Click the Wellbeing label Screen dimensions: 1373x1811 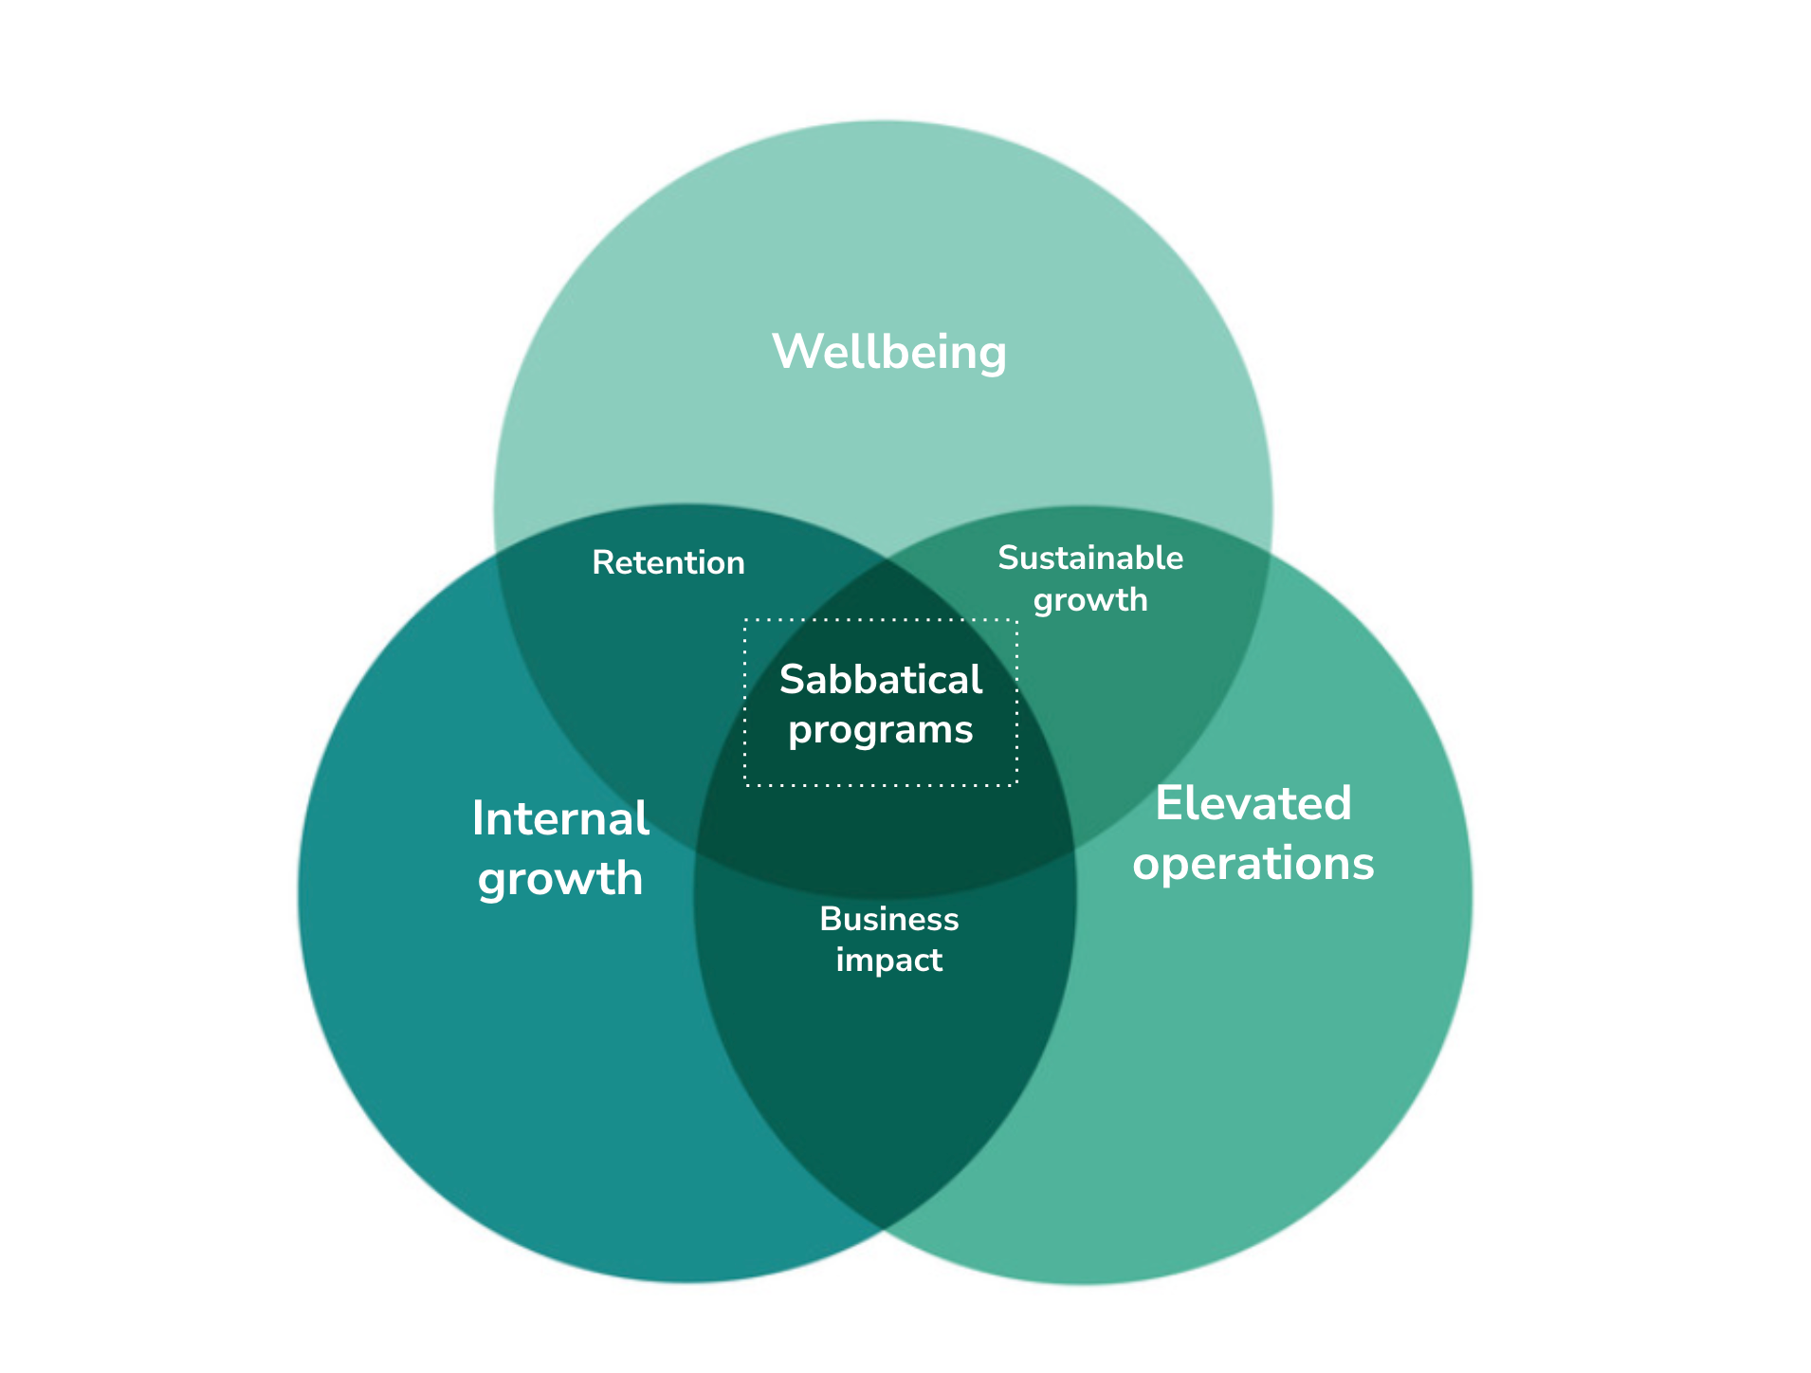pos(888,353)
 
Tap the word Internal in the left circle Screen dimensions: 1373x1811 pos(560,818)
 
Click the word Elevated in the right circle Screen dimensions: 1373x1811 pos(1253,804)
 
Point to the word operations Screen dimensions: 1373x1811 pos(1253,864)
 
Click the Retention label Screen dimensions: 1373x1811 pos(668,563)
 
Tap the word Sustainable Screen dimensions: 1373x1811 pos(1089,558)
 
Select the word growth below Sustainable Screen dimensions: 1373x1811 pos(1089,601)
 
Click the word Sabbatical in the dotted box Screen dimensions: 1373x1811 pos(880,680)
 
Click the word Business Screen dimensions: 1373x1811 pos(888,919)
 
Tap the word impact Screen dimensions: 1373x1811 pos(888,961)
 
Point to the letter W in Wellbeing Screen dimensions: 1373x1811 pos(795,352)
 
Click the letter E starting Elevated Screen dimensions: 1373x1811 pos(1168,804)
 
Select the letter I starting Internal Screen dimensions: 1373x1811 pos(478,818)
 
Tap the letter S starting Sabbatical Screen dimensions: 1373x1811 pos(792,680)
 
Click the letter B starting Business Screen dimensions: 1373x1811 pos(829,919)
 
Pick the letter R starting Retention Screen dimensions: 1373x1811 pos(601,563)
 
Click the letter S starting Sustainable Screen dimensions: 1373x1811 pos(1007,558)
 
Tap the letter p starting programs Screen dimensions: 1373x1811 pos(799,733)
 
